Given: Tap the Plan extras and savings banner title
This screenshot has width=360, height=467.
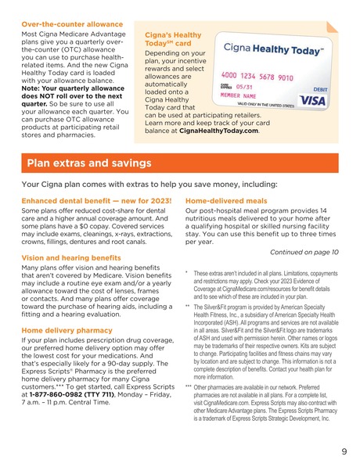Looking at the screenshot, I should click(88, 163).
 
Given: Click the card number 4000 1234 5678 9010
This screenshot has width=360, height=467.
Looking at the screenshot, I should click(256, 77).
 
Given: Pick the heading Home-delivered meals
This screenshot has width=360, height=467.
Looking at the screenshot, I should click(228, 201).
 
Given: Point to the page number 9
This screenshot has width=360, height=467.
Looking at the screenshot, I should click(344, 451).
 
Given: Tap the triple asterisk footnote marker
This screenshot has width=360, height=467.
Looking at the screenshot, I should click(188, 387).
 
